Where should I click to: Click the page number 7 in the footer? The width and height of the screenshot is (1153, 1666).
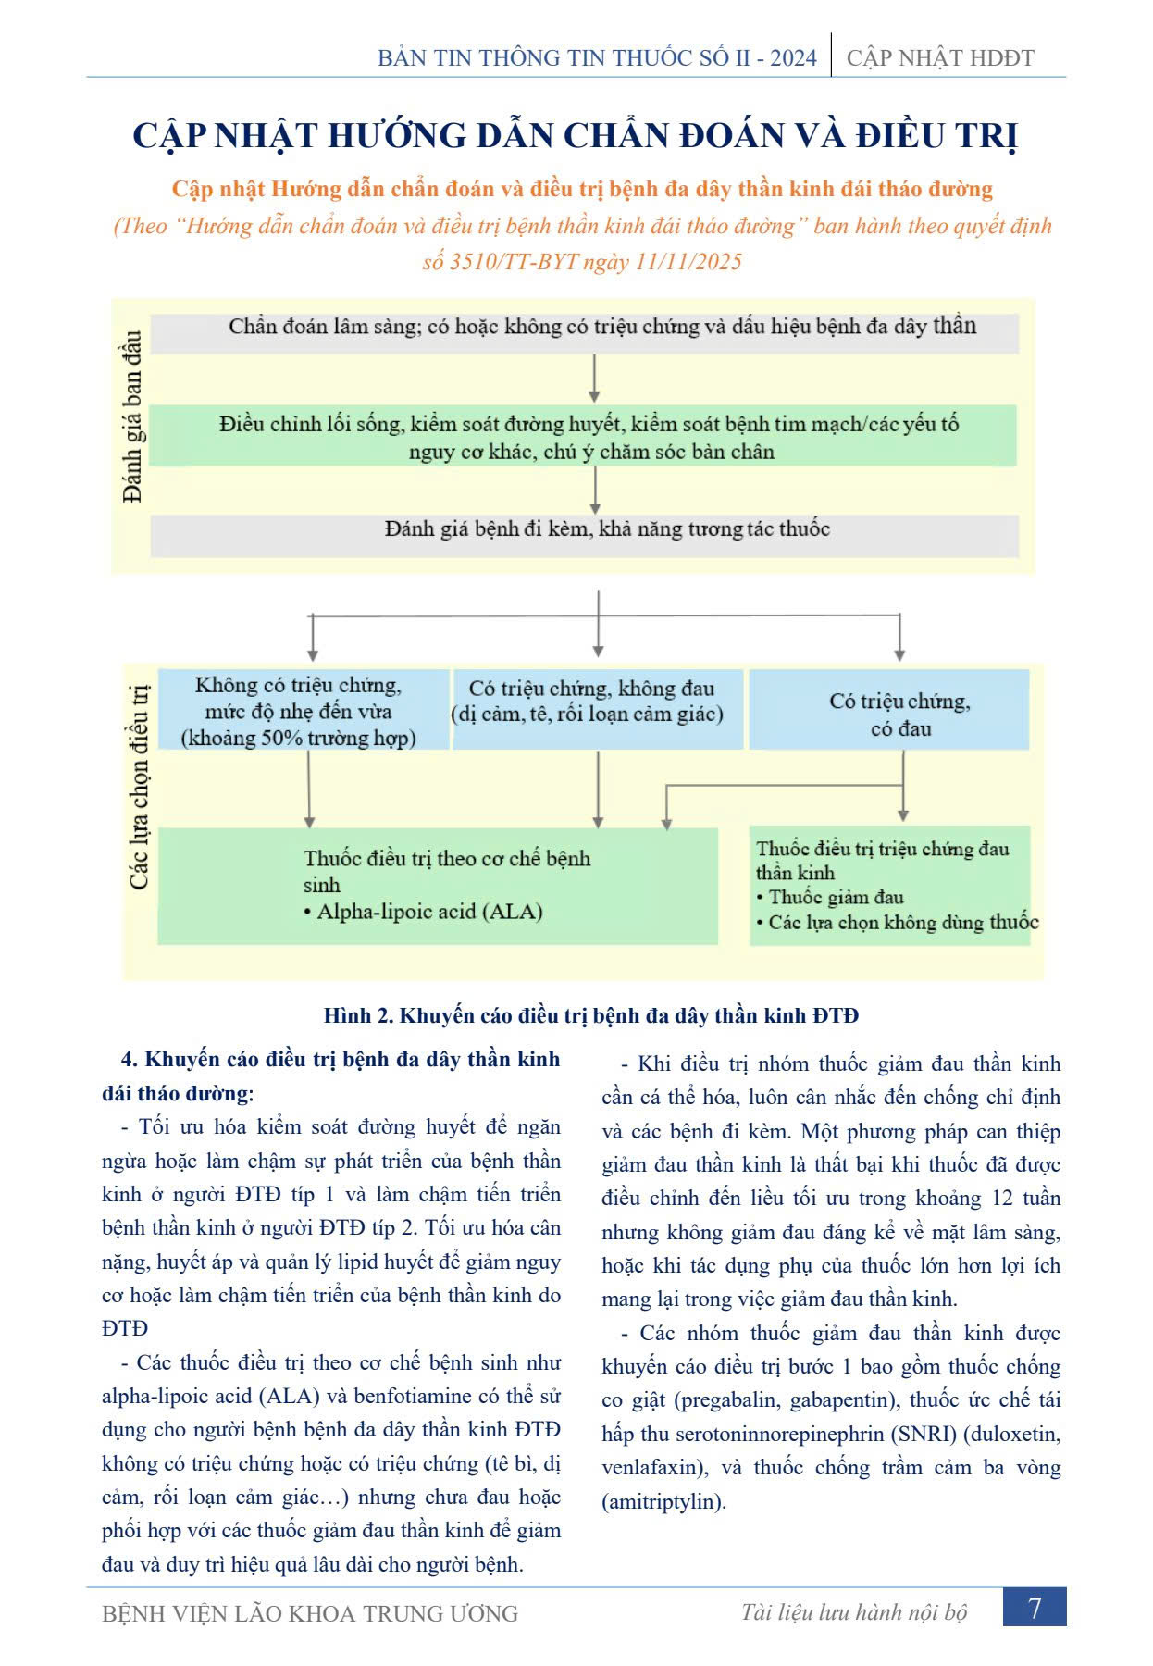[x=1035, y=1608]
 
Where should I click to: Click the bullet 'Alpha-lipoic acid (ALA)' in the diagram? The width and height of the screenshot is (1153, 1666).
[x=429, y=912]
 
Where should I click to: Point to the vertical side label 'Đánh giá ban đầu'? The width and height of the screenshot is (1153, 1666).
[x=133, y=416]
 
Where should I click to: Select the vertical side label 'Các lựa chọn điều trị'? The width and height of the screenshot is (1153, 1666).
[x=139, y=787]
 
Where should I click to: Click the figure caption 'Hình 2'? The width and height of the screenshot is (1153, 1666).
[x=359, y=1015]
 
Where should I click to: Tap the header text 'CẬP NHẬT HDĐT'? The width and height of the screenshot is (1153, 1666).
[x=940, y=58]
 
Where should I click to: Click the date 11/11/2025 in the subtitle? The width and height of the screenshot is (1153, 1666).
[x=688, y=262]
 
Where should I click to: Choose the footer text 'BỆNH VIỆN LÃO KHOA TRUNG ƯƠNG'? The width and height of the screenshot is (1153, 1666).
[x=310, y=1613]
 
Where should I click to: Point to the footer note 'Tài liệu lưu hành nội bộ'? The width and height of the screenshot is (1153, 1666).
[x=853, y=1612]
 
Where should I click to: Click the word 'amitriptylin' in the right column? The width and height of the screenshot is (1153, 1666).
[x=663, y=1501]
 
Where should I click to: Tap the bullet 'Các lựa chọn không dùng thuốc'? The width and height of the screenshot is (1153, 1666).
[x=903, y=922]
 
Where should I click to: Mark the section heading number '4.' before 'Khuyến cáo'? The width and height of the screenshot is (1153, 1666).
[x=130, y=1060]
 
